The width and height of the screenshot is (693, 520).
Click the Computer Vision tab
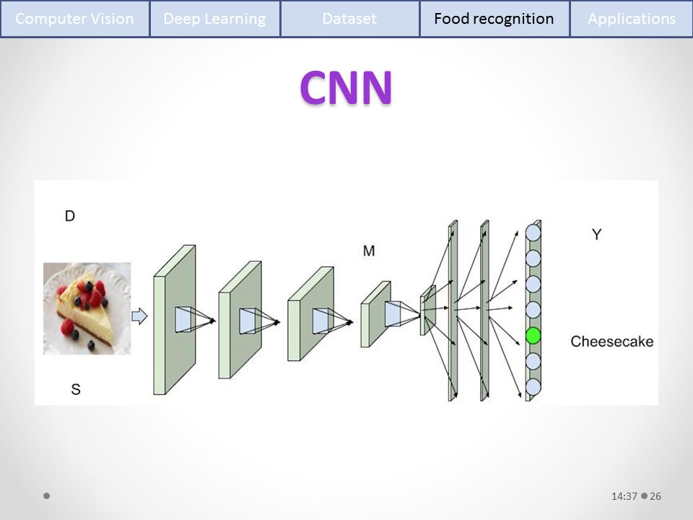point(74,19)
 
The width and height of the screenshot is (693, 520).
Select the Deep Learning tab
point(214,19)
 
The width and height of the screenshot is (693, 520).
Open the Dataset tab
point(349,19)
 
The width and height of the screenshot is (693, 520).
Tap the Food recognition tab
point(494,19)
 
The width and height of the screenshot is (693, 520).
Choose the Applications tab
point(631,19)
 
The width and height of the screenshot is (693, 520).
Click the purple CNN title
point(346,87)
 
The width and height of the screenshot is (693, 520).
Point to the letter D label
point(70,216)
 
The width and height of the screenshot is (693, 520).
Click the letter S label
point(75,390)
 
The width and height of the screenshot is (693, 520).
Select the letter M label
point(369,251)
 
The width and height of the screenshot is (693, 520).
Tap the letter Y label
point(597,234)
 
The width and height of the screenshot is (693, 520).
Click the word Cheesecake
point(611,341)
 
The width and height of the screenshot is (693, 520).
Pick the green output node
point(533,335)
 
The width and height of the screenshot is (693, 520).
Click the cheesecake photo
point(87,308)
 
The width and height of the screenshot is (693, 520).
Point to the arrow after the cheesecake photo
point(139,316)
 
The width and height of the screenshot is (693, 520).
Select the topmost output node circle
point(533,233)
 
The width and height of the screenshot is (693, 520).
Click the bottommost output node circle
point(533,387)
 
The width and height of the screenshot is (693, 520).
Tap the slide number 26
point(655,496)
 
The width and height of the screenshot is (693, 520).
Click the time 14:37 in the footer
point(624,496)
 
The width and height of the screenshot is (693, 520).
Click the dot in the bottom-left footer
point(47,496)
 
